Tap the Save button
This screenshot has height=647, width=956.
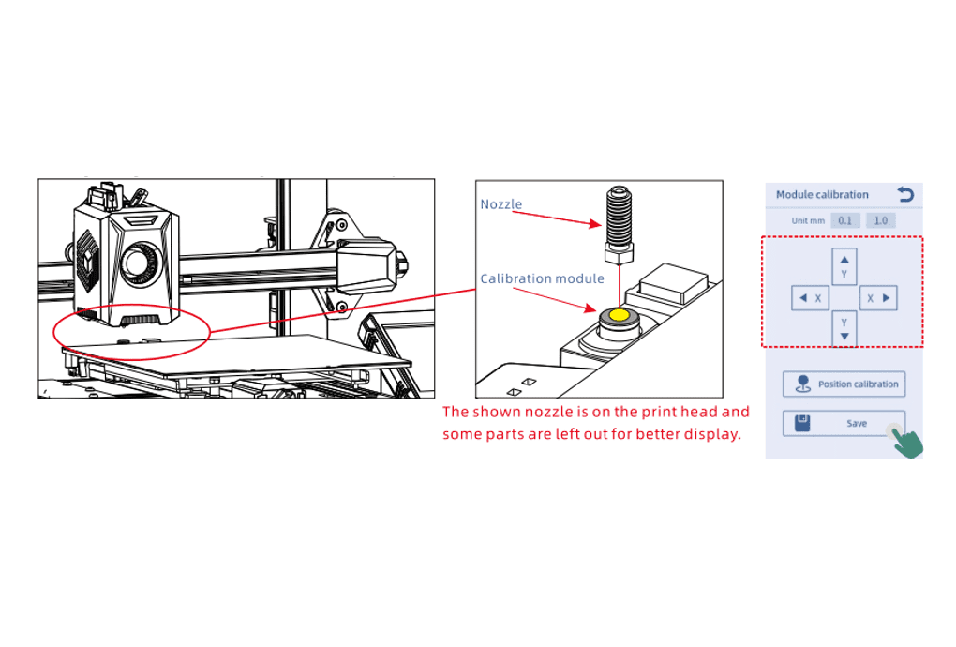click(x=844, y=423)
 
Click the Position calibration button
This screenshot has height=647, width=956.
click(x=844, y=384)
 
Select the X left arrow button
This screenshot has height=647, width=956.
click(x=810, y=298)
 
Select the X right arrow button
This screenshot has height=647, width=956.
click(x=878, y=298)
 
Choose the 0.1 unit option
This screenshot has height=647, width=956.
click(x=845, y=220)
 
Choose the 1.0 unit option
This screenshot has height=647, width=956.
click(x=880, y=220)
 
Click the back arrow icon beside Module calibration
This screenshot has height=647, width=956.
click(x=905, y=194)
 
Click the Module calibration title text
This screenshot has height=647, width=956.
click(x=822, y=194)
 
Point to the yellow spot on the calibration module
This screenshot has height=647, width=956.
click(x=619, y=315)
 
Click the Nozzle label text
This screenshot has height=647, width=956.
click(x=501, y=204)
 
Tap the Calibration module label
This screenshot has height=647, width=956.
click(x=542, y=278)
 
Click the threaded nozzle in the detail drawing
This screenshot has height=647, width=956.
click(x=619, y=225)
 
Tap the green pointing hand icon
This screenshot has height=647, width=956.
click(x=907, y=442)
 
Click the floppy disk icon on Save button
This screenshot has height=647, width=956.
click(x=802, y=423)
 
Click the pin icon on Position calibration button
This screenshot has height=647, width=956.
click(x=803, y=384)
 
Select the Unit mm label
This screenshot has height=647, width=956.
click(x=808, y=220)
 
